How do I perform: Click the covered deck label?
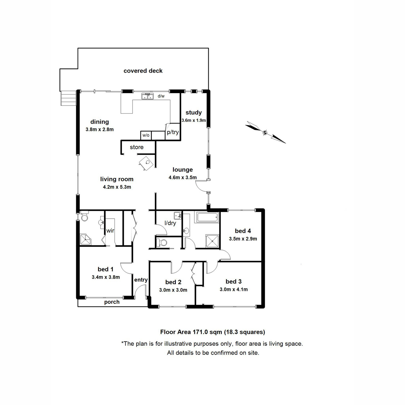[x=143, y=71]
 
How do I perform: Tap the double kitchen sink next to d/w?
[x=147, y=97]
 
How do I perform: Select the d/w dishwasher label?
[x=161, y=96]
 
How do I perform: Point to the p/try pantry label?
[x=173, y=132]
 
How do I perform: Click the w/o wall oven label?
[x=146, y=135]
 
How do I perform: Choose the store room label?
[x=137, y=147]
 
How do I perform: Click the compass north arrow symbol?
[x=265, y=132]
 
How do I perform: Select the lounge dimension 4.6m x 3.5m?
[x=183, y=178]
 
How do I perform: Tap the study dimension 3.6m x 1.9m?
[x=194, y=120]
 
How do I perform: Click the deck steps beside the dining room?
[x=67, y=98]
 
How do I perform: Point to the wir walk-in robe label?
[x=110, y=231]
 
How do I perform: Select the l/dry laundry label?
[x=170, y=223]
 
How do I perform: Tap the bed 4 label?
[x=243, y=231]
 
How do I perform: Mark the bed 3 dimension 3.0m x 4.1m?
[x=234, y=289]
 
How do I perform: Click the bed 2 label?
[x=173, y=282]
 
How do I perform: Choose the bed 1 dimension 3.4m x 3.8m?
[x=106, y=277]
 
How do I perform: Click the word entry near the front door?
[x=141, y=280]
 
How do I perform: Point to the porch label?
[x=112, y=302]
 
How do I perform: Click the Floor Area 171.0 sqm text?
[x=213, y=332]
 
